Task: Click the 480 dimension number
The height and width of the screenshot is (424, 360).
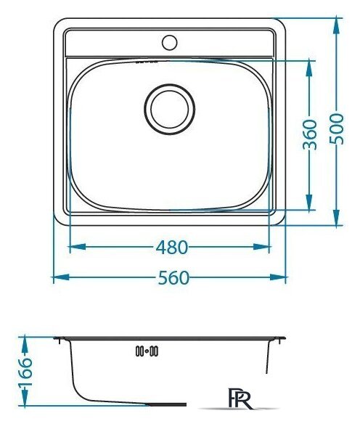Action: [x=172, y=247]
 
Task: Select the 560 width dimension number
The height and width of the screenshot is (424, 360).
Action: [x=173, y=278]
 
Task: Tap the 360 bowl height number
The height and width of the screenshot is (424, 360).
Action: [x=310, y=134]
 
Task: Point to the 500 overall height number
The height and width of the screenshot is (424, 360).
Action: [x=337, y=129]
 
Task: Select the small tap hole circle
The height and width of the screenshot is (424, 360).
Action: [x=169, y=43]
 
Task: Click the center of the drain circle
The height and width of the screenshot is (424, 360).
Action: [x=169, y=109]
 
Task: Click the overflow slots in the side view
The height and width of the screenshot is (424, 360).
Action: [x=147, y=351]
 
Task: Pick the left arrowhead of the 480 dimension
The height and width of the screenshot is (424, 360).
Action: [x=78, y=247]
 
